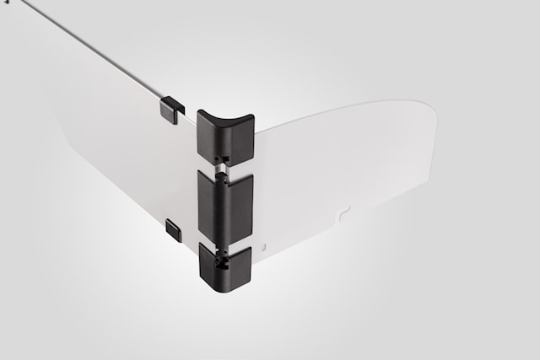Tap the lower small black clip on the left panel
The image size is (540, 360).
tap(175, 227)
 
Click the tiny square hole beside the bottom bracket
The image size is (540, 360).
tap(263, 248)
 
